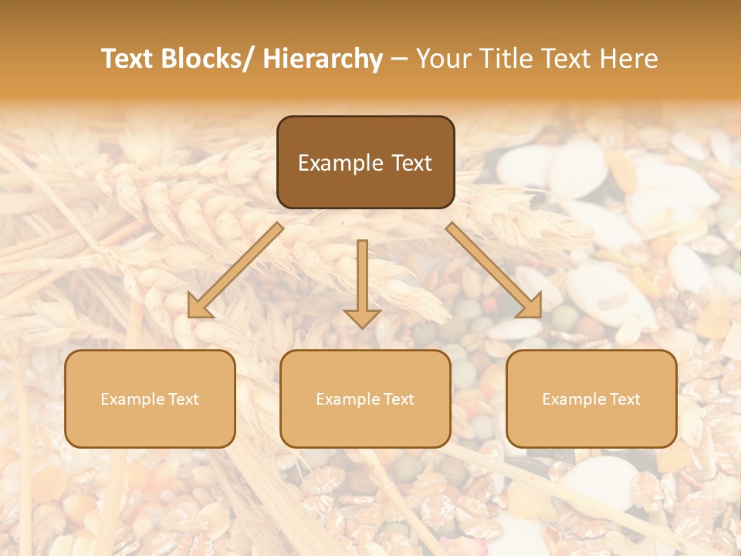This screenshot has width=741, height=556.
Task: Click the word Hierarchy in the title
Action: (x=323, y=59)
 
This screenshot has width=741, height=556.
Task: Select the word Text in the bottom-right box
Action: (x=624, y=399)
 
